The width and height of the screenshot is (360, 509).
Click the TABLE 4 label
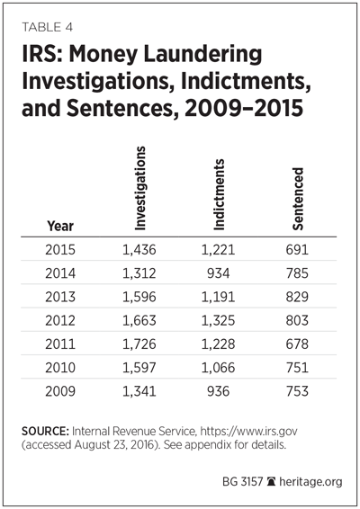(47, 27)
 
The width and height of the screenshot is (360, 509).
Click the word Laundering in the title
(202, 54)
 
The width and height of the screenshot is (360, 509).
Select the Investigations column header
(140, 188)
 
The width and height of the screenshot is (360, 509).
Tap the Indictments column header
(219, 194)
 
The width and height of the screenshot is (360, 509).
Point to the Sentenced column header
(298, 199)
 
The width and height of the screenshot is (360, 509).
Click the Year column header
(60, 226)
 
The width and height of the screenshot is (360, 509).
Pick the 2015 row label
(60, 250)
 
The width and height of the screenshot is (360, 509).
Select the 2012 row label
(60, 320)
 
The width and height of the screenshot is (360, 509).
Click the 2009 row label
(60, 391)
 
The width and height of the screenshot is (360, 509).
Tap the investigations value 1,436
(139, 250)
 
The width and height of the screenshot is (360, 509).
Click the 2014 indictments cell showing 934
(219, 273)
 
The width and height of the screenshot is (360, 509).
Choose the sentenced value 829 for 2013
(297, 297)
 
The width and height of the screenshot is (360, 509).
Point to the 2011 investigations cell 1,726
(139, 344)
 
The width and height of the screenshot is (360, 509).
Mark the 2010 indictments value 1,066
(218, 368)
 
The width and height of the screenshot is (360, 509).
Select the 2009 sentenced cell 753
(297, 391)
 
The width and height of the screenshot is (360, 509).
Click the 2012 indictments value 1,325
(218, 320)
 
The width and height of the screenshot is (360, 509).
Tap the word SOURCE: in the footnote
(45, 431)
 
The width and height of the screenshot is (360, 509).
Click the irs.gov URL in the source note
(248, 432)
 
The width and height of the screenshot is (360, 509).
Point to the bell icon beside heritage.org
(271, 481)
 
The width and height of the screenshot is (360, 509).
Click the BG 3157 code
(242, 481)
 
